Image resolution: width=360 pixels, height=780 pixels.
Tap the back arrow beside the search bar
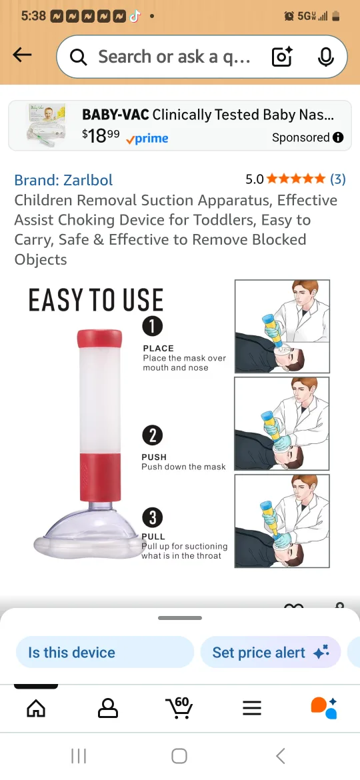(x=22, y=56)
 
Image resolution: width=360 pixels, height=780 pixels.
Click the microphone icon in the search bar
(x=325, y=57)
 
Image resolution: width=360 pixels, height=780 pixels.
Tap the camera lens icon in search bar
(x=282, y=57)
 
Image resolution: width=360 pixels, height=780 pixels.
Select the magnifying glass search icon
(x=78, y=57)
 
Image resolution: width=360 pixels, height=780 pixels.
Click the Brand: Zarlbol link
(x=63, y=180)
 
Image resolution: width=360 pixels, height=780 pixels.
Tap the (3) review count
(x=338, y=179)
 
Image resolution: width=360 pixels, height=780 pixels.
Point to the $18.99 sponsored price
(x=101, y=136)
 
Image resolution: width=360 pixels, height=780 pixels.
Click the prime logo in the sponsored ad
(x=147, y=139)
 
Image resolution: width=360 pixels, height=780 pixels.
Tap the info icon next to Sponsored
(x=338, y=137)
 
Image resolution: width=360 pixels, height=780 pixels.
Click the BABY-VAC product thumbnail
(x=46, y=125)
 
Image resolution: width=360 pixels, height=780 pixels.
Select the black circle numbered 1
(x=153, y=326)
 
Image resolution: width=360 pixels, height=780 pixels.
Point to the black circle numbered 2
(x=153, y=435)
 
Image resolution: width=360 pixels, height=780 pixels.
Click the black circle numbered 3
(x=153, y=517)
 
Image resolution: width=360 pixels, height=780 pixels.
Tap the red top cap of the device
(x=99, y=339)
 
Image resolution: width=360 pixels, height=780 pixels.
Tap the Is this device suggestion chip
(x=105, y=653)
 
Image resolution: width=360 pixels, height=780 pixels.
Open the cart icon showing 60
(x=178, y=707)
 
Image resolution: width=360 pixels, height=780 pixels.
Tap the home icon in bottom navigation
(x=36, y=708)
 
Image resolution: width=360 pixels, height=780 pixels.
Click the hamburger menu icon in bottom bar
(x=252, y=708)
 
